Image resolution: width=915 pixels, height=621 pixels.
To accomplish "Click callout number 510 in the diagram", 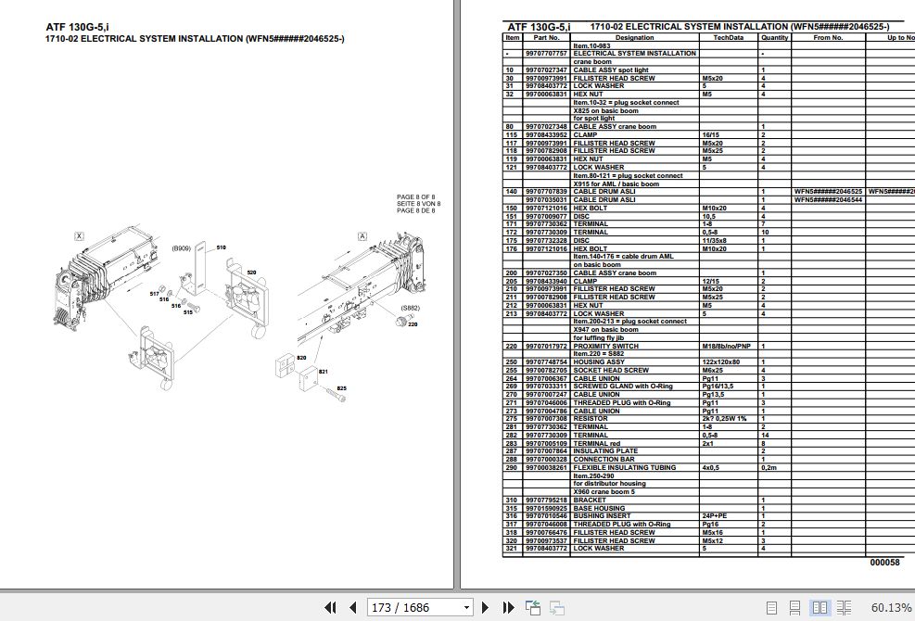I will [x=222, y=248].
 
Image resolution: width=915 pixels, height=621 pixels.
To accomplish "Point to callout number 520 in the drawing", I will [x=251, y=272].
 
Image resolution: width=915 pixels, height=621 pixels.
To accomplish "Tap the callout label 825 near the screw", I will [x=341, y=388].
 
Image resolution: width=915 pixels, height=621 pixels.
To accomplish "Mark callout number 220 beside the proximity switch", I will [x=413, y=324].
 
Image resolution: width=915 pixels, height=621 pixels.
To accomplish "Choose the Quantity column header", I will [x=774, y=38].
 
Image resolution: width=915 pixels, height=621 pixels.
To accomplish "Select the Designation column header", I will [x=634, y=38].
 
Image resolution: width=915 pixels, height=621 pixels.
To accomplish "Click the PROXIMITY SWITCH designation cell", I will [x=607, y=346].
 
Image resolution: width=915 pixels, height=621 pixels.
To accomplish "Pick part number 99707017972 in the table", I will [x=545, y=346].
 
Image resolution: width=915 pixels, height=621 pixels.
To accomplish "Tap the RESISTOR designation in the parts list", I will [x=591, y=419].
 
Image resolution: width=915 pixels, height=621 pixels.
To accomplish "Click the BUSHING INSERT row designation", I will [x=602, y=516].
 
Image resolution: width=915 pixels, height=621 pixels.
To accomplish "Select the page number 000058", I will [x=884, y=563].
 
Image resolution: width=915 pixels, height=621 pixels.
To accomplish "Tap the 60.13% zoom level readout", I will [x=891, y=608].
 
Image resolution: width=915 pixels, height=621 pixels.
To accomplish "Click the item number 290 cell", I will [x=510, y=468].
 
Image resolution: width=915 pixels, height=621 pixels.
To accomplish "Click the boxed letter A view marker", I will [x=361, y=236].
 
